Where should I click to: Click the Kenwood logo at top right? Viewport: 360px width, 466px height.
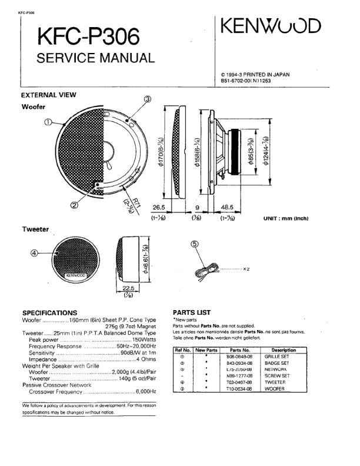(x=271, y=25)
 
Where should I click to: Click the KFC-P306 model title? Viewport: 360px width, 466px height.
(x=88, y=38)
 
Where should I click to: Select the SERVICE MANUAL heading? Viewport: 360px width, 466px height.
(x=95, y=58)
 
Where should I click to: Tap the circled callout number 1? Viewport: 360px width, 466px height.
(x=48, y=122)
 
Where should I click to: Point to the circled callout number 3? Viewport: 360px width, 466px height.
(x=148, y=99)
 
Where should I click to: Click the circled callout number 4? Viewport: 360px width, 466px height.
(x=35, y=253)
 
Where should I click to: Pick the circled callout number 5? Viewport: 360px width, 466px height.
(x=194, y=244)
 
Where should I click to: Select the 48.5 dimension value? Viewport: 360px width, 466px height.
(x=228, y=208)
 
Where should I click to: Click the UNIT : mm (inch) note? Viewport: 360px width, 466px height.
(x=286, y=218)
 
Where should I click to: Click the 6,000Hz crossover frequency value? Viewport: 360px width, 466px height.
(x=145, y=391)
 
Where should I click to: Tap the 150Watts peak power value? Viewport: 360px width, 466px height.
(x=144, y=340)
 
